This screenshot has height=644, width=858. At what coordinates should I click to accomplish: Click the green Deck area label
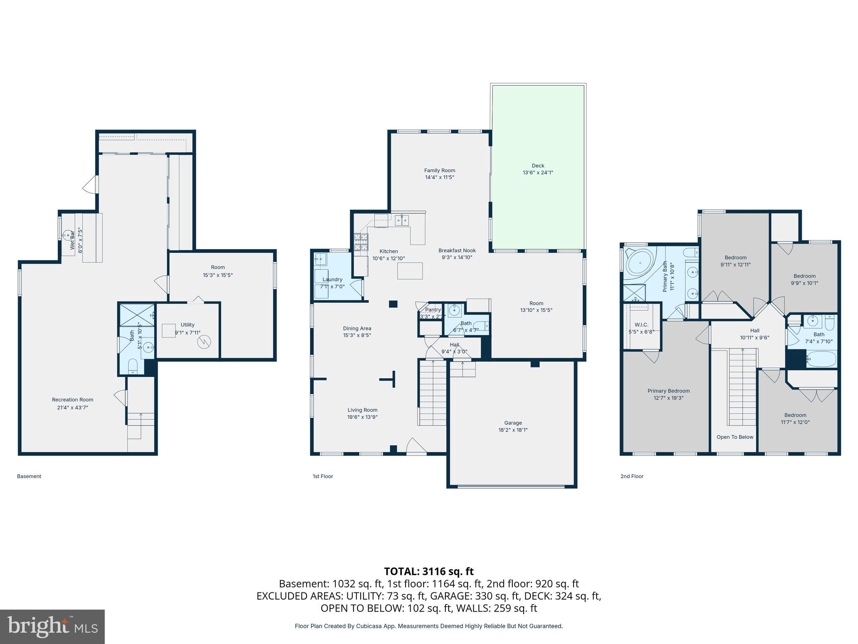[538, 169]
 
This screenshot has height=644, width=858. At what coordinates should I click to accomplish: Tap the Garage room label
[513, 426]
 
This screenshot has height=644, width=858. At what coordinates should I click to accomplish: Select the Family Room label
[439, 174]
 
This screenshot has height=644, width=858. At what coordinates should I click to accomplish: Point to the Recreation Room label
[72, 403]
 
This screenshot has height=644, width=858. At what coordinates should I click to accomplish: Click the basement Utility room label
[187, 328]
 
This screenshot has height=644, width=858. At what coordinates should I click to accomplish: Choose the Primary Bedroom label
[668, 394]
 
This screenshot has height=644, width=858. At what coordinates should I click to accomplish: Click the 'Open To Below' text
[734, 437]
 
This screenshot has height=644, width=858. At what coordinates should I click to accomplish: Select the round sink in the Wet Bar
[67, 235]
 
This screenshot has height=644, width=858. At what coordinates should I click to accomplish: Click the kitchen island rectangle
[410, 270]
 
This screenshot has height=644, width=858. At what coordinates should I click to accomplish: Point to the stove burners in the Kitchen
[362, 242]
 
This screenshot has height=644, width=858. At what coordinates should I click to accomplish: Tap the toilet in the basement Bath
[132, 366]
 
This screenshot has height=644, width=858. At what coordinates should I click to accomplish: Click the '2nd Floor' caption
[632, 476]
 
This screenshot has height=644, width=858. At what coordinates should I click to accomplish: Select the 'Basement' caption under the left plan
[29, 476]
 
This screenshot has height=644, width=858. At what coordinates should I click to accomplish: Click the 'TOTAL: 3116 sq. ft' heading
[429, 571]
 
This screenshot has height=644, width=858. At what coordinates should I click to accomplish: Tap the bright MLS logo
[52, 626]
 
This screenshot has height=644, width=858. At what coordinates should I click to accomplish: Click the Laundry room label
[332, 283]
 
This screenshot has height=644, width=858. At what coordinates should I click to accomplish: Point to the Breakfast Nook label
[457, 254]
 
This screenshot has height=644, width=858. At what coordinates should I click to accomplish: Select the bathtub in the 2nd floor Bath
[821, 359]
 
